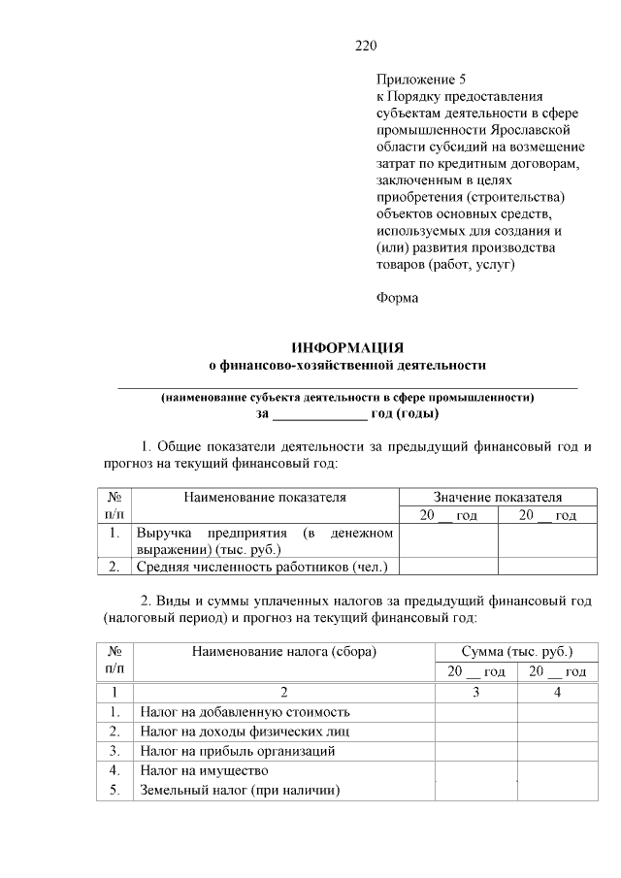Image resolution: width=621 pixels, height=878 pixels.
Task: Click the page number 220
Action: click(365, 46)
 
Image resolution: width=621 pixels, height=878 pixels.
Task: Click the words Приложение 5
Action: click(413, 79)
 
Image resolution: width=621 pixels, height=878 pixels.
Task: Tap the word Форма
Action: click(397, 298)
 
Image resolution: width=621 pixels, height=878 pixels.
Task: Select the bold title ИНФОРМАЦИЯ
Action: click(348, 347)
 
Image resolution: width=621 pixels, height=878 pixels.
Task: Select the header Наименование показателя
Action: click(265, 497)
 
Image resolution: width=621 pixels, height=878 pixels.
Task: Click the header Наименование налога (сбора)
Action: click(283, 651)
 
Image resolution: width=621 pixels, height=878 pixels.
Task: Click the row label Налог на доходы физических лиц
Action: click(244, 732)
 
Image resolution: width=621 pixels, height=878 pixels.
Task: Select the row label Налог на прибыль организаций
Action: click(238, 751)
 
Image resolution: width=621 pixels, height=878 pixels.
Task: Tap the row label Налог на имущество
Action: click(203, 770)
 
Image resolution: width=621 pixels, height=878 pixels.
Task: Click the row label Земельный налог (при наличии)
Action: click(240, 789)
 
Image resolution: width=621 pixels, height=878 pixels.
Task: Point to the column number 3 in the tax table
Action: click(475, 692)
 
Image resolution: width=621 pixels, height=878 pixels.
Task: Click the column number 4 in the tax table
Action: click(557, 692)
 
